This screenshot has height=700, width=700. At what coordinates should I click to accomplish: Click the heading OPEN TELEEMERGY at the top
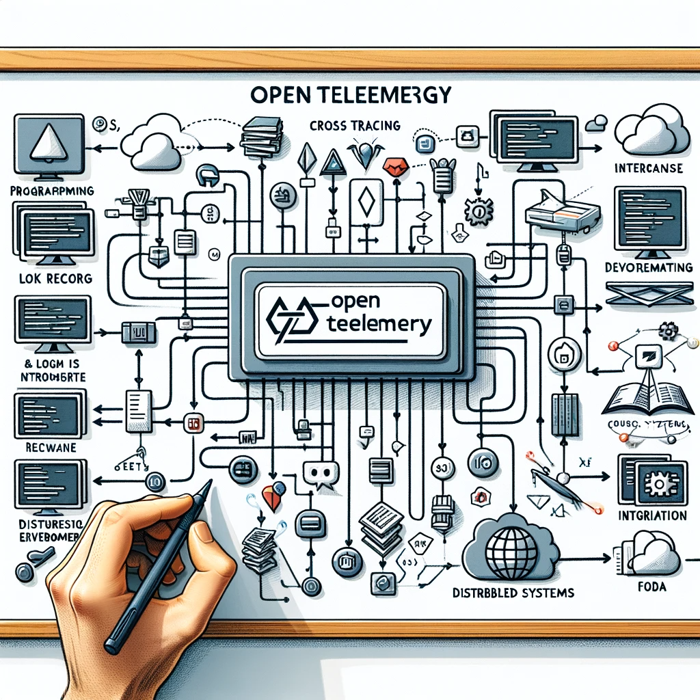(x=351, y=95)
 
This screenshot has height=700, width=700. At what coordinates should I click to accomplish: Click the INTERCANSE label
(x=649, y=168)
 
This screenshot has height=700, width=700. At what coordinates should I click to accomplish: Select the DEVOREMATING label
(x=649, y=267)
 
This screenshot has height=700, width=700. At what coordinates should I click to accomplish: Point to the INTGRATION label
(x=651, y=515)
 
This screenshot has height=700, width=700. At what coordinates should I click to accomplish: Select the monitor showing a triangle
(x=47, y=145)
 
